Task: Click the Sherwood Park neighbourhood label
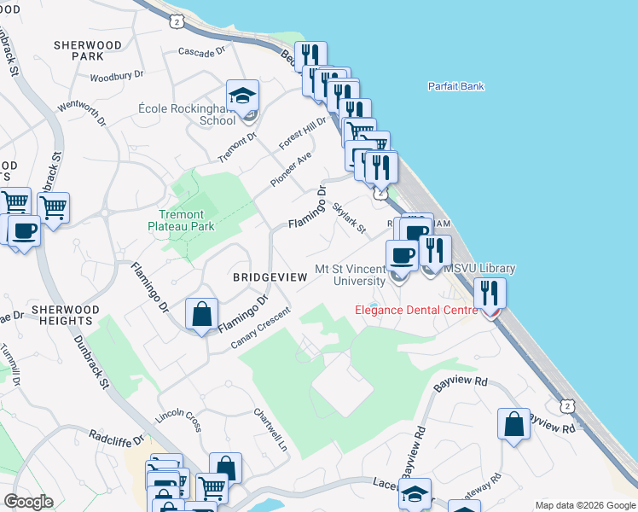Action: tap(88, 49)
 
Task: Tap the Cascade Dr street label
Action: tap(201, 52)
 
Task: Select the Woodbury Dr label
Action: tap(116, 76)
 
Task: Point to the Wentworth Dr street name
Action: tap(82, 117)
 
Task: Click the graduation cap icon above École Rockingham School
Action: tap(242, 96)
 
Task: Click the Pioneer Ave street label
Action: tap(291, 170)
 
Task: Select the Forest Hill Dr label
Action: tap(302, 134)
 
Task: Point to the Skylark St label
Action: tap(349, 218)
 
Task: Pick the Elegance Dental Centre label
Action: tap(415, 310)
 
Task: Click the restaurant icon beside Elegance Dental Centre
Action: tap(491, 294)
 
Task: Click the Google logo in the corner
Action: tap(28, 501)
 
